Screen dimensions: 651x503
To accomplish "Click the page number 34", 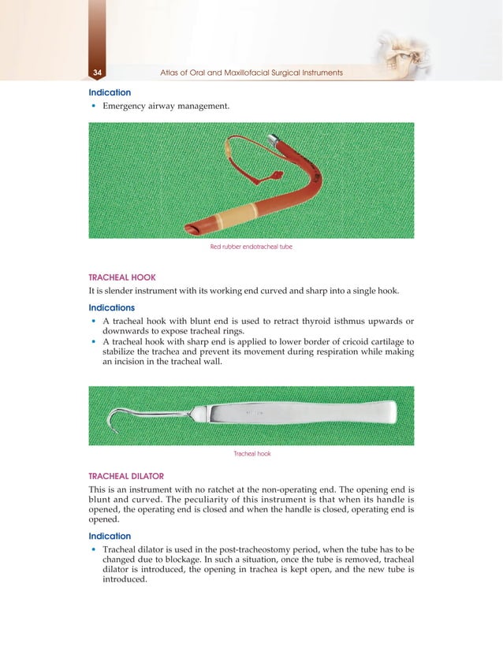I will point(97,73).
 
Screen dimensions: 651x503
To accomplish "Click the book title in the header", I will point(251,73).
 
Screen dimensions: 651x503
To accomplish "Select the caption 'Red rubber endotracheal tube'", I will point(251,247).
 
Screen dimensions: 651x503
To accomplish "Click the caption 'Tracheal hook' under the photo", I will point(252,454).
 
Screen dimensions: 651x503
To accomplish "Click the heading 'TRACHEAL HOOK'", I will point(121,277).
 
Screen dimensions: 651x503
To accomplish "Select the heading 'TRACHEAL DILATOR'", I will point(126,476).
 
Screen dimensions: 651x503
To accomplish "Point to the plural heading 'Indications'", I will point(111,307).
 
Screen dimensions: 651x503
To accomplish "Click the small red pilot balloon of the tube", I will point(276,173).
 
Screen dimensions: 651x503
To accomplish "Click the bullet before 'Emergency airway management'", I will point(95,106).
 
